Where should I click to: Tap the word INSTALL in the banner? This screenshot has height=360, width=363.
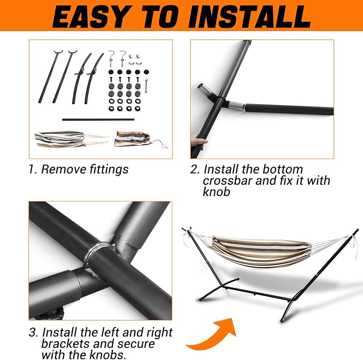click(250, 17)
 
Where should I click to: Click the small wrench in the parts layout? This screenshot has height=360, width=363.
click(146, 86)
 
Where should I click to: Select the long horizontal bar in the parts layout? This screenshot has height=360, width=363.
click(98, 120)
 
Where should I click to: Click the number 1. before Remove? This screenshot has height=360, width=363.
click(33, 169)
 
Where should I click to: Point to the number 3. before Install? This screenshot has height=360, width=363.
click(34, 332)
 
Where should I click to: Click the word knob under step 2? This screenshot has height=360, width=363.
click(216, 192)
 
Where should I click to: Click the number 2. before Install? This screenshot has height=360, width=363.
click(195, 169)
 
